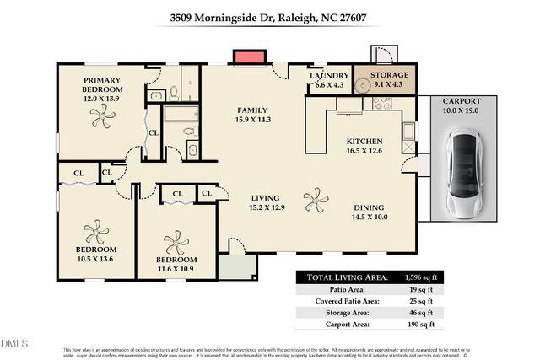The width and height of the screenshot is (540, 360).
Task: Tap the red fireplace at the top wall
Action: pyautogui.click(x=246, y=57)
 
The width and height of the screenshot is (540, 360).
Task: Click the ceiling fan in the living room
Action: pyautogui.click(x=316, y=201)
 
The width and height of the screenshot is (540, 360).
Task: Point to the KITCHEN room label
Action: pyautogui.click(x=365, y=142)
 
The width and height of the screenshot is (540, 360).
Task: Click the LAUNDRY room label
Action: pyautogui.click(x=328, y=76)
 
